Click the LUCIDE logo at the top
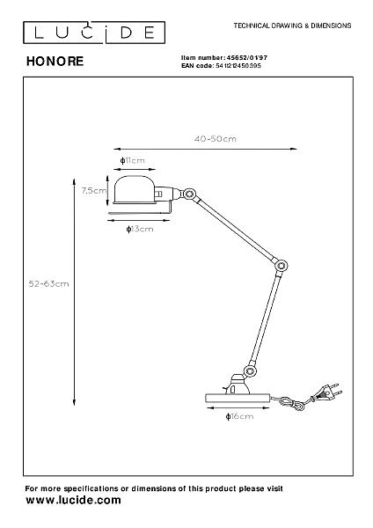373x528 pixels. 94,33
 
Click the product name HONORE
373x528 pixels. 55,62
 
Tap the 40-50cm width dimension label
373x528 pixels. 216,139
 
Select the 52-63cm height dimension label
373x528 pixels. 48,284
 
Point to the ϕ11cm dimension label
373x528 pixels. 132,160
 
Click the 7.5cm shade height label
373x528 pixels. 94,191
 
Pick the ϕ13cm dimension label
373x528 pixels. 140,229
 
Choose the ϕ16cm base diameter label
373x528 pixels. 239,416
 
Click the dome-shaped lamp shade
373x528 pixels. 135,190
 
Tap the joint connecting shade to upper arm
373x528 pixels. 189,194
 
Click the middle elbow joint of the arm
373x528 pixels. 281,266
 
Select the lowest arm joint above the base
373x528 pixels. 250,371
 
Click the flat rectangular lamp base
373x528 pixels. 238,399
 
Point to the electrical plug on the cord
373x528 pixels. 327,392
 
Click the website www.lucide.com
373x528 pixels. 73,500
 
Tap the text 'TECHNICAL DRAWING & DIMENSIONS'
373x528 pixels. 293,26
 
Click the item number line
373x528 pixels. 224,58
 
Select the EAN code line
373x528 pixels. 221,66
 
